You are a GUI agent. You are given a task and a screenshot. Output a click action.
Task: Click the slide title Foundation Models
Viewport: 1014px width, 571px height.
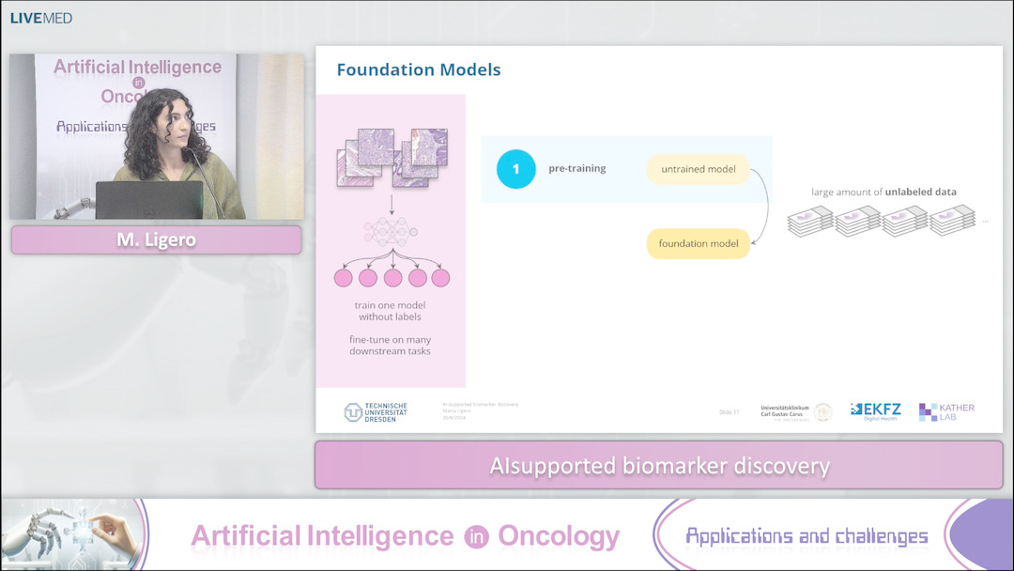(x=418, y=69)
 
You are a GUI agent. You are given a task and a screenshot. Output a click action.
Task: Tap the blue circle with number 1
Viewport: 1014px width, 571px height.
(x=515, y=169)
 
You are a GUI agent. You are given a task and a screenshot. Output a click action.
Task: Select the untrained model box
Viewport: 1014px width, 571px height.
(x=698, y=169)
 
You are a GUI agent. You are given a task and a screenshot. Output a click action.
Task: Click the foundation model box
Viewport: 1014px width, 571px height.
(x=698, y=243)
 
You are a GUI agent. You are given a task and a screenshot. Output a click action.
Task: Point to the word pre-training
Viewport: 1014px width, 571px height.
(x=576, y=169)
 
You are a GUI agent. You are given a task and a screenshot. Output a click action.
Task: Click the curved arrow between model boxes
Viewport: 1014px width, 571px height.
(x=765, y=208)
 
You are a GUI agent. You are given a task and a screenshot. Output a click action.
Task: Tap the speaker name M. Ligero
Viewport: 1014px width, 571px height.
(x=156, y=240)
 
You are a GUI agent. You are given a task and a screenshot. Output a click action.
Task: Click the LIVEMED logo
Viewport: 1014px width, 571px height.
(x=41, y=17)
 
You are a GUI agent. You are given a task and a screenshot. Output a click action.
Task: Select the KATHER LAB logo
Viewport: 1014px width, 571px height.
(x=946, y=411)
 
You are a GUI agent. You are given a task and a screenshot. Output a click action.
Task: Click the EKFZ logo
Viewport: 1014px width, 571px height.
(x=875, y=410)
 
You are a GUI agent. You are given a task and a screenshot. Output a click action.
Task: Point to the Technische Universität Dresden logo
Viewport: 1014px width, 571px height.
(x=376, y=412)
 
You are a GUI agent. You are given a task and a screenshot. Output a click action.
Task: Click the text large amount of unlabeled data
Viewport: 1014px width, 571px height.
(x=883, y=192)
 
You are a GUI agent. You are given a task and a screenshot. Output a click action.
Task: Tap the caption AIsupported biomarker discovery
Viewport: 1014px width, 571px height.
(x=659, y=466)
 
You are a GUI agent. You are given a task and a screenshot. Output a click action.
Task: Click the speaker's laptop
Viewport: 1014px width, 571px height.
(x=149, y=200)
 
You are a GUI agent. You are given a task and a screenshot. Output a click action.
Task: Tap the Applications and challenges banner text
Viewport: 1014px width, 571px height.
(x=807, y=536)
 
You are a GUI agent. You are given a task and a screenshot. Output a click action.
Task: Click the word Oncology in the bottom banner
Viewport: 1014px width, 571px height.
(x=559, y=536)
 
